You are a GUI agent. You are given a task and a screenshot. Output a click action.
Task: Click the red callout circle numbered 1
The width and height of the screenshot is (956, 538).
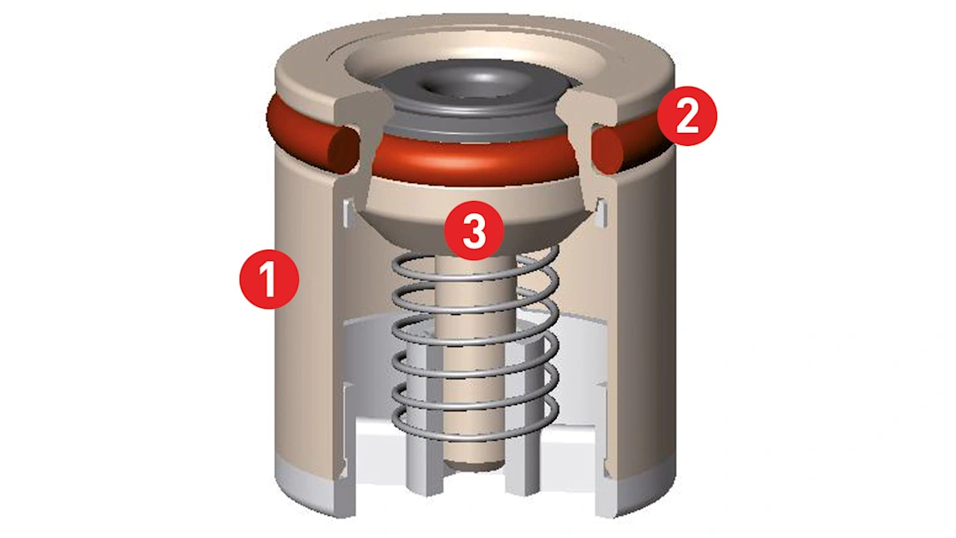(x=269, y=279)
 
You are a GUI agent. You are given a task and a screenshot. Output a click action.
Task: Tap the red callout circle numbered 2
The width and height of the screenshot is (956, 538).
(x=687, y=116)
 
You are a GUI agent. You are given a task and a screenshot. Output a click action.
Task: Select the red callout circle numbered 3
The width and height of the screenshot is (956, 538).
(x=474, y=231)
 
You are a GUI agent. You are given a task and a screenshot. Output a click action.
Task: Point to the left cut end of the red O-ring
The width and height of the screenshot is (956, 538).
(x=344, y=148)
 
